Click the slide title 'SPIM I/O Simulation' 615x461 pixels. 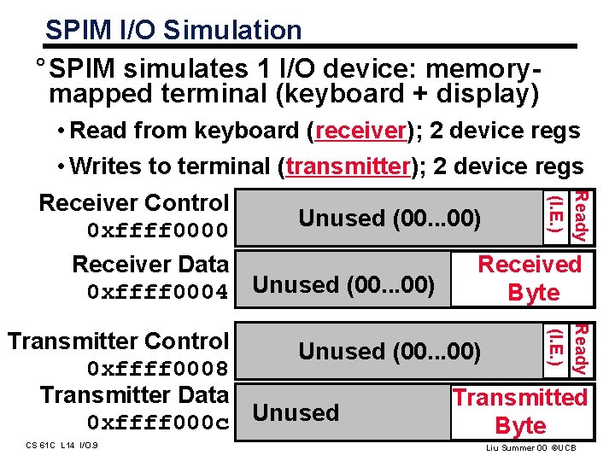pyautogui.click(x=173, y=31)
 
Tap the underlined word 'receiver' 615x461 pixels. pyautogui.click(x=360, y=131)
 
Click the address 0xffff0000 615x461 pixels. pyautogui.click(x=158, y=231)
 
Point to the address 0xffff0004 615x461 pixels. pyautogui.click(x=158, y=293)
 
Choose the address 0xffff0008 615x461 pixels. pyautogui.click(x=158, y=369)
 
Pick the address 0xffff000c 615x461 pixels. pyautogui.click(x=158, y=423)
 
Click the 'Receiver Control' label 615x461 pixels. pyautogui.click(x=134, y=203)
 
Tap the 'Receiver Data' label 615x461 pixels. pyautogui.click(x=150, y=265)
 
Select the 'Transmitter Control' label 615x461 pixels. pyautogui.click(x=118, y=341)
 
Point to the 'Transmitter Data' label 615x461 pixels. pyautogui.click(x=134, y=395)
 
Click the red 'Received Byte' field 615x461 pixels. pyautogui.click(x=530, y=278)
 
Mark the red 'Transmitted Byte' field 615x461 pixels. pyautogui.click(x=521, y=411)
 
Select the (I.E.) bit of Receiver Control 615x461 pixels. pyautogui.click(x=556, y=217)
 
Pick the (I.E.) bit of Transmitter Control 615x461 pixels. pyautogui.click(x=556, y=348)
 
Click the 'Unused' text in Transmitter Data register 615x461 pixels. pyautogui.click(x=296, y=413)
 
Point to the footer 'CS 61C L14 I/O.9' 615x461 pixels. pyautogui.click(x=61, y=445)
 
